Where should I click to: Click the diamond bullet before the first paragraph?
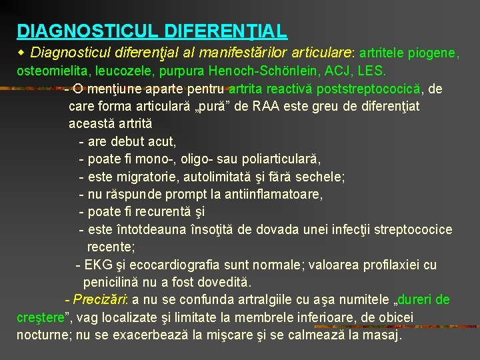pos(21,51)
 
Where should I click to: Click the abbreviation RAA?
pos(267,106)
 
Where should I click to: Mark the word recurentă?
pos(161,212)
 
